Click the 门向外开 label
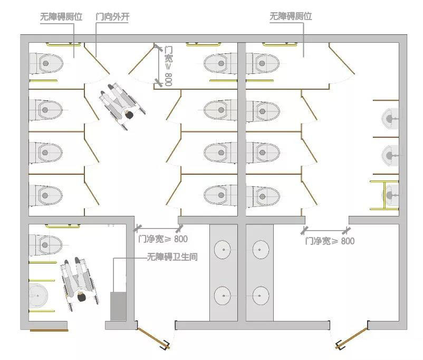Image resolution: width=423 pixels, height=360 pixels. pyautogui.click(x=112, y=16)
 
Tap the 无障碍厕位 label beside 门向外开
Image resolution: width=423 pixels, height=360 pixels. pyautogui.click(x=61, y=16)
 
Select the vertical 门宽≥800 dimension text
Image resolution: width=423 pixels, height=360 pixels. pyautogui.click(x=168, y=65)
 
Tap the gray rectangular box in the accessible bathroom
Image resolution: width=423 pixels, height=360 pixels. pyautogui.click(x=118, y=306)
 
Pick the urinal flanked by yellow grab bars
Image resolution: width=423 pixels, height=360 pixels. pyautogui.click(x=391, y=195)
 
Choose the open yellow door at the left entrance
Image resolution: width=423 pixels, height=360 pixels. pyautogui.click(x=152, y=337)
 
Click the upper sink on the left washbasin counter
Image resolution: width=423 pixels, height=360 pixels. pyautogui.click(x=224, y=249)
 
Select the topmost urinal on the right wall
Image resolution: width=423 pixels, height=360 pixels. pyautogui.click(x=391, y=116)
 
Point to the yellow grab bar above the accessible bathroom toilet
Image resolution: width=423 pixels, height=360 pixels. pyautogui.click(x=63, y=226)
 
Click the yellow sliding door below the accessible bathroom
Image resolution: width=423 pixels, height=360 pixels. pyautogui.click(x=49, y=330)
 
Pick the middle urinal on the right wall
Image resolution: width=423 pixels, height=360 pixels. pyautogui.click(x=391, y=155)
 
